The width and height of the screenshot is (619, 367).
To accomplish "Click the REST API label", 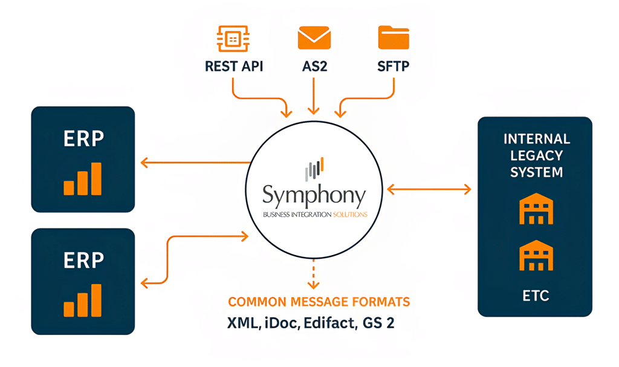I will pyautogui.click(x=234, y=66).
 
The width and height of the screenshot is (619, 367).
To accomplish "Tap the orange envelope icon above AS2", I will pyautogui.click(x=314, y=37).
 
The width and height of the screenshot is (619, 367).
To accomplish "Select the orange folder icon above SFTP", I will pyautogui.click(x=394, y=37).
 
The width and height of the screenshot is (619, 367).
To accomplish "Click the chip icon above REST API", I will pyautogui.click(x=233, y=37).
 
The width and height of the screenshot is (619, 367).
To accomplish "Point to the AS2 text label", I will pyautogui.click(x=314, y=66).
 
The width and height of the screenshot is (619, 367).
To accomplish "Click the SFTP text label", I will pyautogui.click(x=394, y=66).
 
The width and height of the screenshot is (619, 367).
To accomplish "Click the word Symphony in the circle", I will pyautogui.click(x=314, y=195).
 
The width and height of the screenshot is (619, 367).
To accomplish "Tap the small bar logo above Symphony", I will pyautogui.click(x=314, y=169).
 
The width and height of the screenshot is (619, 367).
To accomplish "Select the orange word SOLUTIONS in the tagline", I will pyautogui.click(x=350, y=215).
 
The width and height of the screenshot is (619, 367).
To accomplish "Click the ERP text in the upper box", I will pyautogui.click(x=83, y=138).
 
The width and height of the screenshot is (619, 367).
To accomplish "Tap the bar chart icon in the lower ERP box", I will pyautogui.click(x=83, y=300).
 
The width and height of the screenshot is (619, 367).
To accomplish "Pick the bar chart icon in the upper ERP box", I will pyautogui.click(x=83, y=179).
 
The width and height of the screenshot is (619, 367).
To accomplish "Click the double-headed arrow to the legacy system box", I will pyautogui.click(x=429, y=190).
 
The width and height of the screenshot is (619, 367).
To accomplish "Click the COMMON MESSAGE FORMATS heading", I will pyautogui.click(x=319, y=302).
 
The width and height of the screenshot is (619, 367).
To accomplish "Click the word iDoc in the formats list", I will pyautogui.click(x=283, y=323).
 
